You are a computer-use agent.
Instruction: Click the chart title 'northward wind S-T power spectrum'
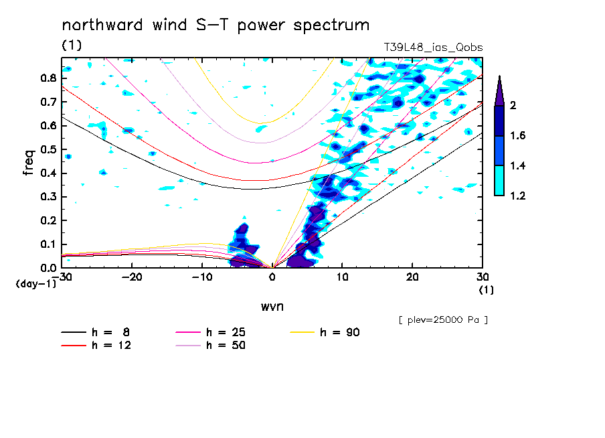tap(215, 25)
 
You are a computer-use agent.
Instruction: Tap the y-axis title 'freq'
tap(28, 163)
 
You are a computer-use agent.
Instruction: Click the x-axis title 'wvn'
tap(272, 307)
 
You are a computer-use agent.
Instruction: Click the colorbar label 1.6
tap(518, 136)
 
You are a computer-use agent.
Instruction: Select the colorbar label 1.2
tap(518, 196)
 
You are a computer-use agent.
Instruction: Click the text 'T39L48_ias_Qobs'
tap(433, 48)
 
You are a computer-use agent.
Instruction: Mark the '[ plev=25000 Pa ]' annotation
tap(442, 320)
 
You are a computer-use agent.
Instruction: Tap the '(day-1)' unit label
tap(36, 283)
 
